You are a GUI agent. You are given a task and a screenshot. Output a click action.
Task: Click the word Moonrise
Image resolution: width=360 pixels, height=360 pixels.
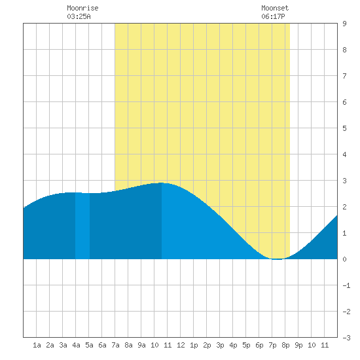(x=82, y=8)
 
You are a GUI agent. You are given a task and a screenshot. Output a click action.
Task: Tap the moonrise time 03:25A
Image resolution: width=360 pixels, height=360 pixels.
(x=79, y=16)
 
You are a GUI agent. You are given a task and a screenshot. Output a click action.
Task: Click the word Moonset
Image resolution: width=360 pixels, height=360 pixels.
(x=275, y=8)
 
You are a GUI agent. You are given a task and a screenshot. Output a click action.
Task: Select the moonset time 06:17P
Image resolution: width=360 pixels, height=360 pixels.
(x=273, y=16)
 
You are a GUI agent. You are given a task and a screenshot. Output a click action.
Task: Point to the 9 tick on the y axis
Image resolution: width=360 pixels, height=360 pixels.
(x=344, y=24)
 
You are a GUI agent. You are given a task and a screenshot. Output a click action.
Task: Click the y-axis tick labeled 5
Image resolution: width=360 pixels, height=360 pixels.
(x=344, y=128)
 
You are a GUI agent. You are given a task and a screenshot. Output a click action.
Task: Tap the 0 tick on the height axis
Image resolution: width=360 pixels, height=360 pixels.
(x=344, y=259)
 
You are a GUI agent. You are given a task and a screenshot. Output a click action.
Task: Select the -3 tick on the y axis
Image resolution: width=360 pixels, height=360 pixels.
(x=346, y=338)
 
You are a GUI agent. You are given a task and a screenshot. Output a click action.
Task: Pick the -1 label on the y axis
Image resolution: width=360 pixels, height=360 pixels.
(x=346, y=285)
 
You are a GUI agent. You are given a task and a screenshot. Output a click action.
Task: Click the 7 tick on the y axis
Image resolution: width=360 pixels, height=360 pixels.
(x=344, y=76)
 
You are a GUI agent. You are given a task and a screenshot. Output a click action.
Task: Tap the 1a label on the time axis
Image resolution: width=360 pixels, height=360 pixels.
(x=37, y=345)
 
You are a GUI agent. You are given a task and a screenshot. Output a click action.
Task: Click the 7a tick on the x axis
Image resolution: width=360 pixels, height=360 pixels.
(x=115, y=345)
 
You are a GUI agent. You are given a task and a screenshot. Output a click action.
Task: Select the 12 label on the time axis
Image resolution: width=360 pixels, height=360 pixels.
(x=181, y=345)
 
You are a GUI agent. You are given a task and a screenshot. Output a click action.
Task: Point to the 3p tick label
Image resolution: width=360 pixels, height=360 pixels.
(x=220, y=345)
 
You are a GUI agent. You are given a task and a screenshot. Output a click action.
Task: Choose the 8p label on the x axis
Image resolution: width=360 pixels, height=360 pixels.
(x=285, y=345)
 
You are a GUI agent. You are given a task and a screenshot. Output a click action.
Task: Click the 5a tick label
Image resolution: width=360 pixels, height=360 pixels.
(x=89, y=345)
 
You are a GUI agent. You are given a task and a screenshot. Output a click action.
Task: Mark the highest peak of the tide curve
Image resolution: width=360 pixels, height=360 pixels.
(x=162, y=183)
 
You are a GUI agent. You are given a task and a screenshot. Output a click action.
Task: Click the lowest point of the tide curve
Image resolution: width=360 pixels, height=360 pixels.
(x=278, y=259)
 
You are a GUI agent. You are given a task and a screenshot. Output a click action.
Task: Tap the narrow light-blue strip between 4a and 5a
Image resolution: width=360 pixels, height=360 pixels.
(x=82, y=226)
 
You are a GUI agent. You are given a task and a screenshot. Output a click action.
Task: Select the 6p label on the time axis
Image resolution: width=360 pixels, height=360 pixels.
(x=259, y=345)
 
